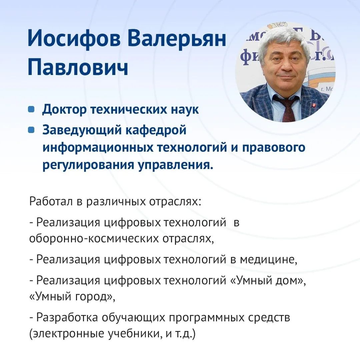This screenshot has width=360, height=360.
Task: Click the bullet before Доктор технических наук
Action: coord(31,109)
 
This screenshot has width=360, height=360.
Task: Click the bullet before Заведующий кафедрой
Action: coord(31,130)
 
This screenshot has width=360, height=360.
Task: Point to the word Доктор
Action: coord(64,110)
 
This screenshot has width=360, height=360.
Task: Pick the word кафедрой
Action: coord(156,130)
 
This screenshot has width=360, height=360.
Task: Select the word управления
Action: coord(175,165)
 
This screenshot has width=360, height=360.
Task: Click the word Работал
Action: coord(51,201)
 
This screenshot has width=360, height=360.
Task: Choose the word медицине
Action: coord(268,260)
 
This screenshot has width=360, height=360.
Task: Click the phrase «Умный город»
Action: coord(72,297)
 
